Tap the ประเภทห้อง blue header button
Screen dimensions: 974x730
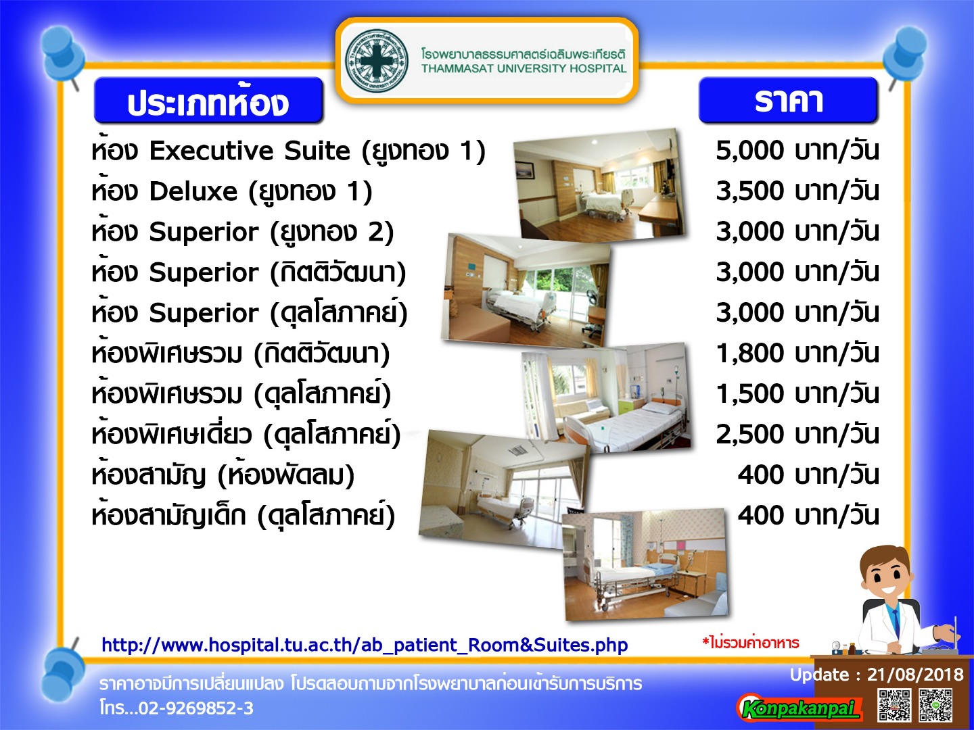(x=208, y=100)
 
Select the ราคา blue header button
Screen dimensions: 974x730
(x=788, y=100)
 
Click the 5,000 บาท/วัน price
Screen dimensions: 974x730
(x=797, y=151)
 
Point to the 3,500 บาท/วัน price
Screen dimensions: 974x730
(x=797, y=191)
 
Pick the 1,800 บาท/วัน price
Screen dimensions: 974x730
(x=797, y=354)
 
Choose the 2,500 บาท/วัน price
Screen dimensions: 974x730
(x=797, y=435)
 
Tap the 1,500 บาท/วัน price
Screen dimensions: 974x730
(x=797, y=393)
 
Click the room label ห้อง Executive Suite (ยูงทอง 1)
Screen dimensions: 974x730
(x=288, y=150)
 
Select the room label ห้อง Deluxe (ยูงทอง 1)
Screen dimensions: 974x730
(x=231, y=191)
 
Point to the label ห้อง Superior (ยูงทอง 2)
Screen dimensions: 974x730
(x=243, y=231)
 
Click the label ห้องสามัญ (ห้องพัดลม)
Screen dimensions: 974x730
(x=223, y=474)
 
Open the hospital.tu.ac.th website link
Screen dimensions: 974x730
(x=365, y=645)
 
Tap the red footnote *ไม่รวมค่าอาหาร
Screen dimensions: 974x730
(x=750, y=643)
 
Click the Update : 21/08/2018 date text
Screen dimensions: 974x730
(x=877, y=675)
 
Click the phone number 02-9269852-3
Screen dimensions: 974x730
(x=196, y=708)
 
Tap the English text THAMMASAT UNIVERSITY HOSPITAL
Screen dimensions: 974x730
(x=524, y=69)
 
